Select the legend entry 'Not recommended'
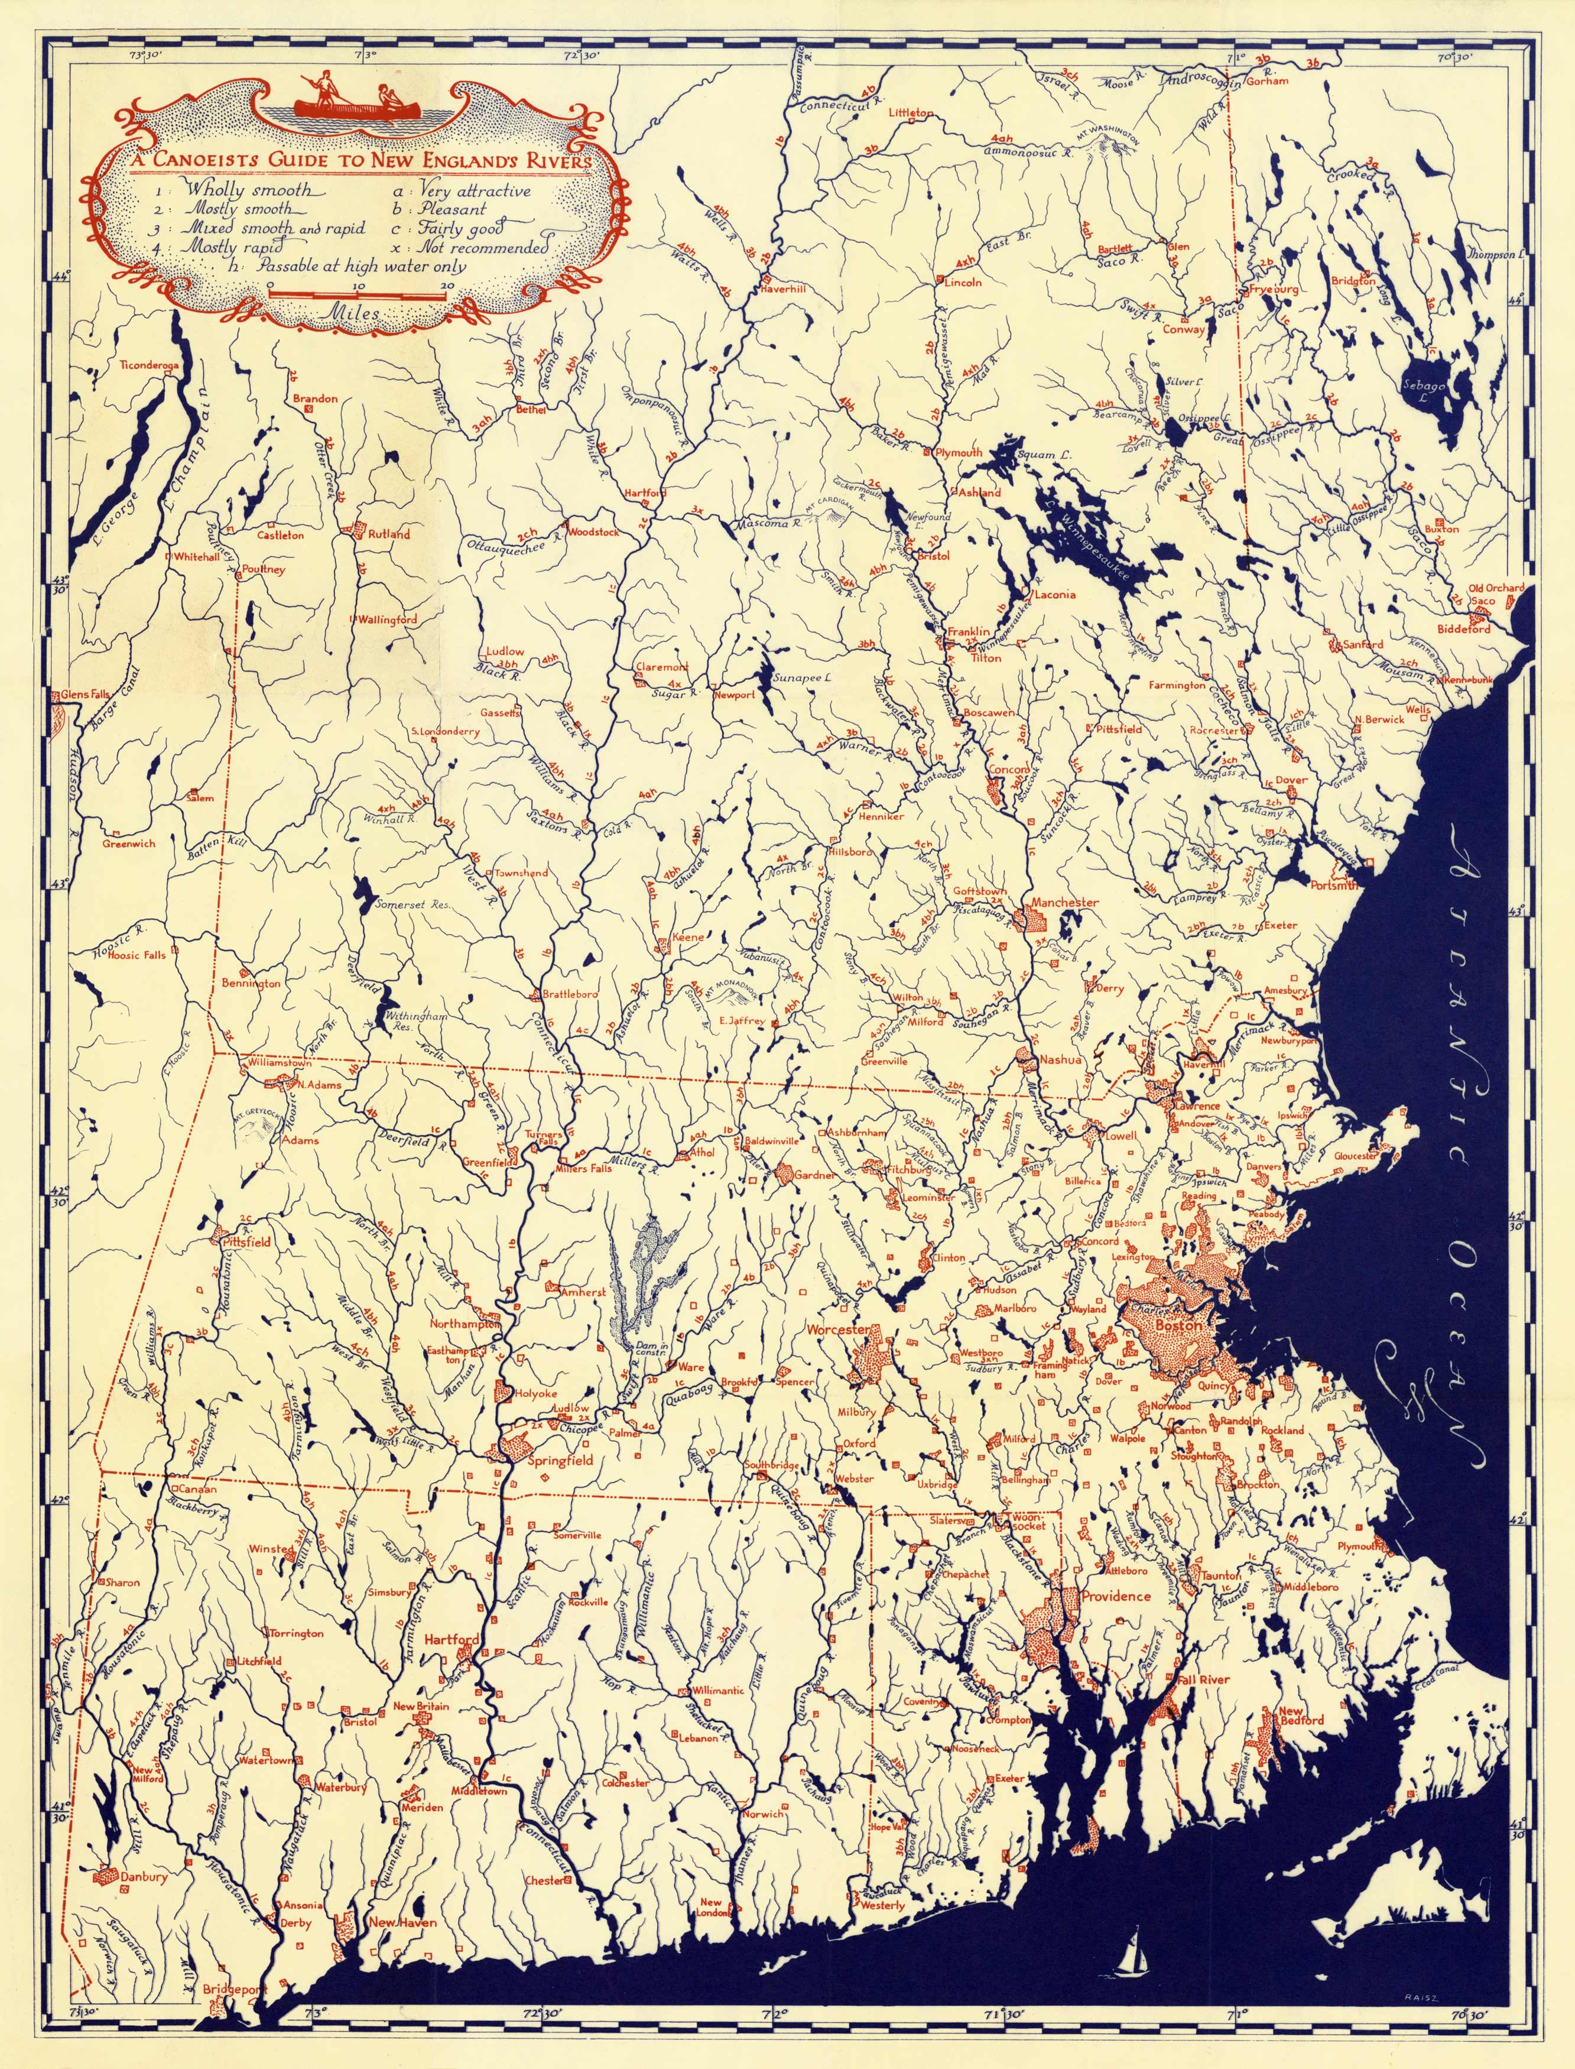point(483,248)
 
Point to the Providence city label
point(1116,1595)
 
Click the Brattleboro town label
point(570,994)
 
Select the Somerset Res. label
point(413,906)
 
